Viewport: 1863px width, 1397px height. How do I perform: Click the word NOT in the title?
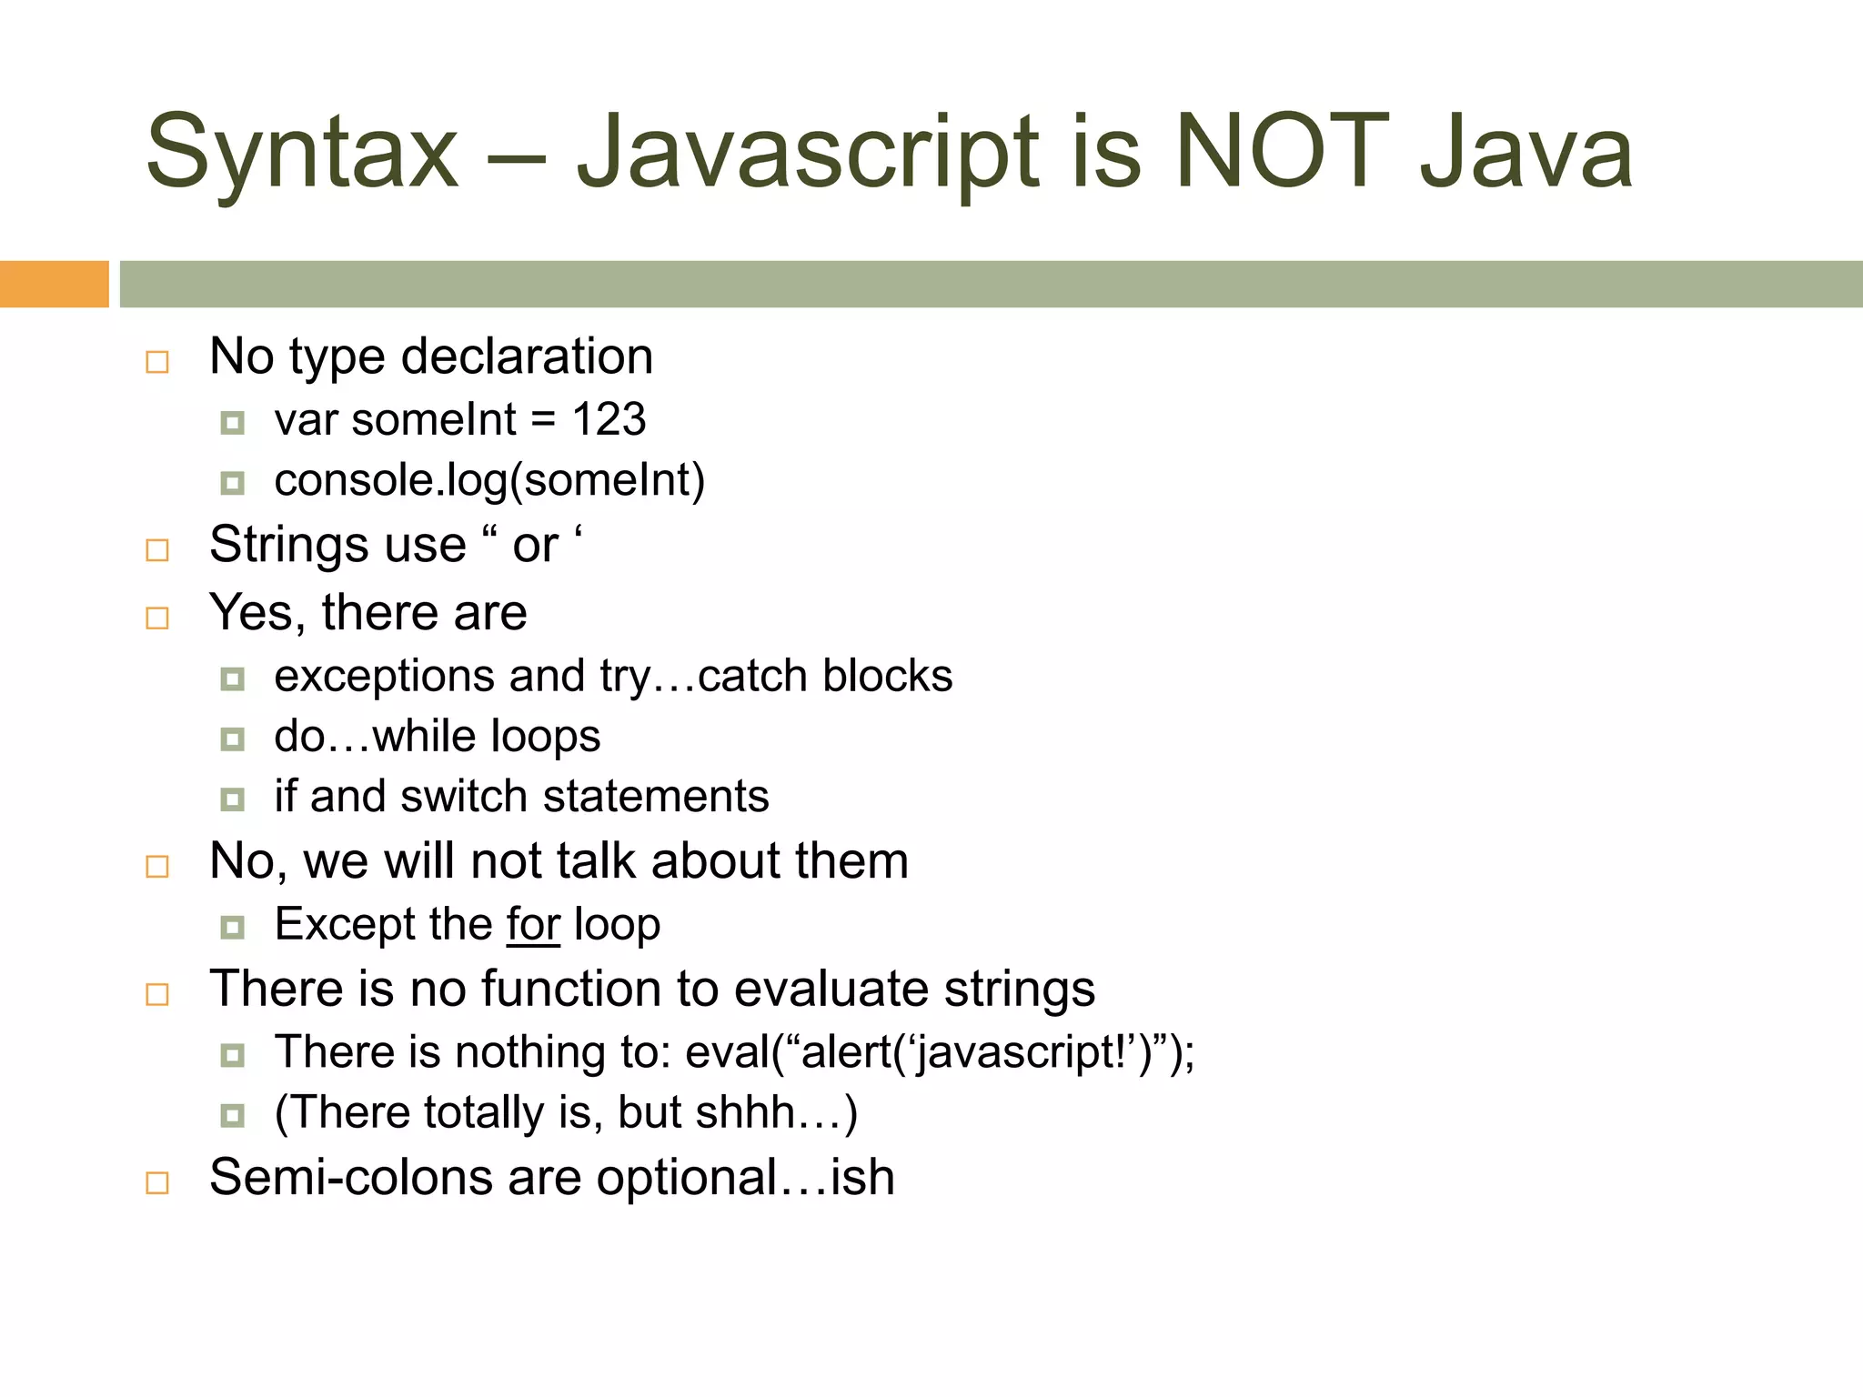pyautogui.click(x=1282, y=152)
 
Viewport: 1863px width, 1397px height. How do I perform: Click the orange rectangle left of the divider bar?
pyautogui.click(x=54, y=284)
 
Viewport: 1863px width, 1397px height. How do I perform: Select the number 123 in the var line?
pyautogui.click(x=609, y=420)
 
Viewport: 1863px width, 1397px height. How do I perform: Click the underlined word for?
pyautogui.click(x=533, y=925)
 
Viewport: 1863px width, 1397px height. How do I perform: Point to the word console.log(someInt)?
pyautogui.click(x=489, y=481)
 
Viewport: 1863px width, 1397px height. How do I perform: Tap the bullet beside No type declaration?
pyautogui.click(x=157, y=362)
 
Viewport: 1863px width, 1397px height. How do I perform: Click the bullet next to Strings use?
pyautogui.click(x=157, y=550)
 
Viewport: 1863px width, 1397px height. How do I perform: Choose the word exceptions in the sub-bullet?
pyautogui.click(x=384, y=677)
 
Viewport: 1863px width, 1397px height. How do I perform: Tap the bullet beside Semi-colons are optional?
pyautogui.click(x=157, y=1182)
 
